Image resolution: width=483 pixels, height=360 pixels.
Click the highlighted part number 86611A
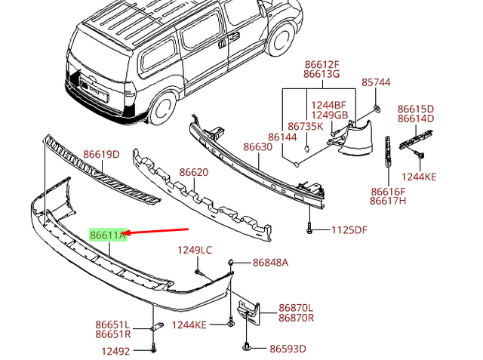(x=108, y=235)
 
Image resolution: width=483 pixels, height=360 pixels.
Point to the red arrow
(x=158, y=232)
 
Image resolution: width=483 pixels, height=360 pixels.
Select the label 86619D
(x=101, y=155)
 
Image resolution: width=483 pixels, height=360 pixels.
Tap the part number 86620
(x=193, y=173)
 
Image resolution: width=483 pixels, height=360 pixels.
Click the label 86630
(x=257, y=147)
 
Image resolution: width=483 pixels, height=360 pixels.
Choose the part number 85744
(x=376, y=82)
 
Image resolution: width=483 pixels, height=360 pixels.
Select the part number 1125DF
(x=350, y=229)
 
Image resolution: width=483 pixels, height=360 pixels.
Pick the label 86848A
(x=270, y=263)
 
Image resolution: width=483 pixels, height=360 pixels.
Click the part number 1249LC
(x=195, y=250)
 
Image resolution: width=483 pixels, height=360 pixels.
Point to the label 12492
(x=115, y=350)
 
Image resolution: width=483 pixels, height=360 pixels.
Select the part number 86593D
(x=288, y=349)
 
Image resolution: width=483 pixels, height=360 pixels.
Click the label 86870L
(x=296, y=308)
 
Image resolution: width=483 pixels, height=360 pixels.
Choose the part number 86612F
(x=321, y=65)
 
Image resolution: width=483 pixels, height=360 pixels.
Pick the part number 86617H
(x=388, y=202)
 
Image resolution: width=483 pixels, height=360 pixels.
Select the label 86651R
(x=113, y=334)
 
